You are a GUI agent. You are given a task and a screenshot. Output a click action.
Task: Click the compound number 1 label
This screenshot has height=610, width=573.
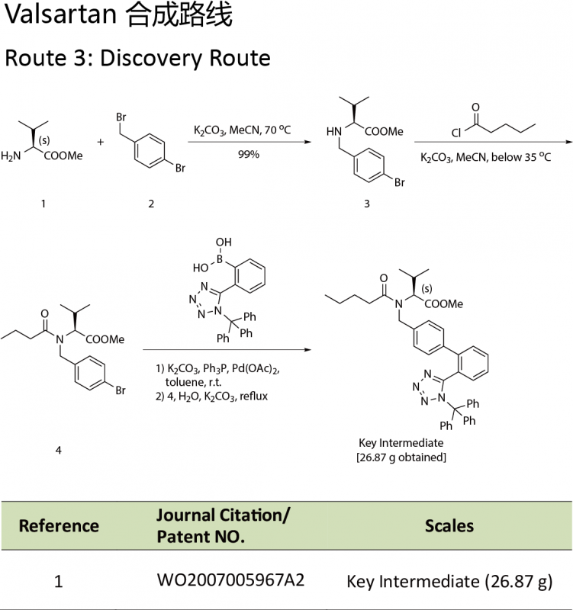click(x=43, y=204)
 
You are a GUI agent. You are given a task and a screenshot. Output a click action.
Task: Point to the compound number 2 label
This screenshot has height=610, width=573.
click(x=151, y=204)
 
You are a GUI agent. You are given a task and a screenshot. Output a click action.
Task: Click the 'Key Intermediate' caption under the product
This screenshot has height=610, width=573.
click(x=401, y=442)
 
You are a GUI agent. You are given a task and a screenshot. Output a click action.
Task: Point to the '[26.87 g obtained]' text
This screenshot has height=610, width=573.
click(x=401, y=457)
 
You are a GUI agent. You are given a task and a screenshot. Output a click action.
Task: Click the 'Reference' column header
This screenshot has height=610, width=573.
click(x=59, y=525)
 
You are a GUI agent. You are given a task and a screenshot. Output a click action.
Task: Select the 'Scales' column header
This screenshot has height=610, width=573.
click(x=449, y=525)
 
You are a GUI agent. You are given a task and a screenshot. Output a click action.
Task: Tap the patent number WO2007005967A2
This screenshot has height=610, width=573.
click(x=230, y=580)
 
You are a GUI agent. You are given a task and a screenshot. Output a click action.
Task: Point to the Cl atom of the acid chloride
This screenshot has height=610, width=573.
click(x=456, y=132)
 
